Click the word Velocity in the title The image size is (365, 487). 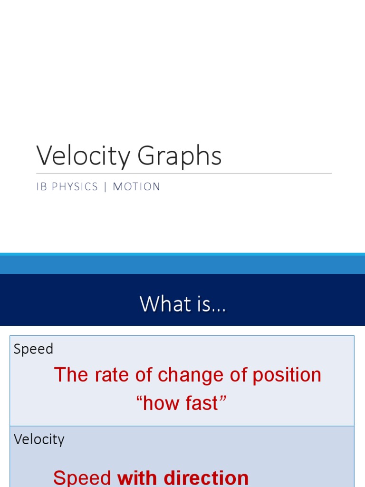tap(83, 156)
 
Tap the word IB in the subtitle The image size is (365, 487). tap(41, 186)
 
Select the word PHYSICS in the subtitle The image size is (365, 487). tap(75, 186)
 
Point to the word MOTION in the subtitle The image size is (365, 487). tap(136, 186)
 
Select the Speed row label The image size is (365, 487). tap(33, 349)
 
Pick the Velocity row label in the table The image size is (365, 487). tap(39, 439)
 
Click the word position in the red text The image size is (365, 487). tap(287, 375)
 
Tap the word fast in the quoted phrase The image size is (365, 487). tap(201, 403)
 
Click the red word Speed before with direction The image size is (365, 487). tap(82, 478)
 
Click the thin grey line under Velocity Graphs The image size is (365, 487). tap(184, 174)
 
